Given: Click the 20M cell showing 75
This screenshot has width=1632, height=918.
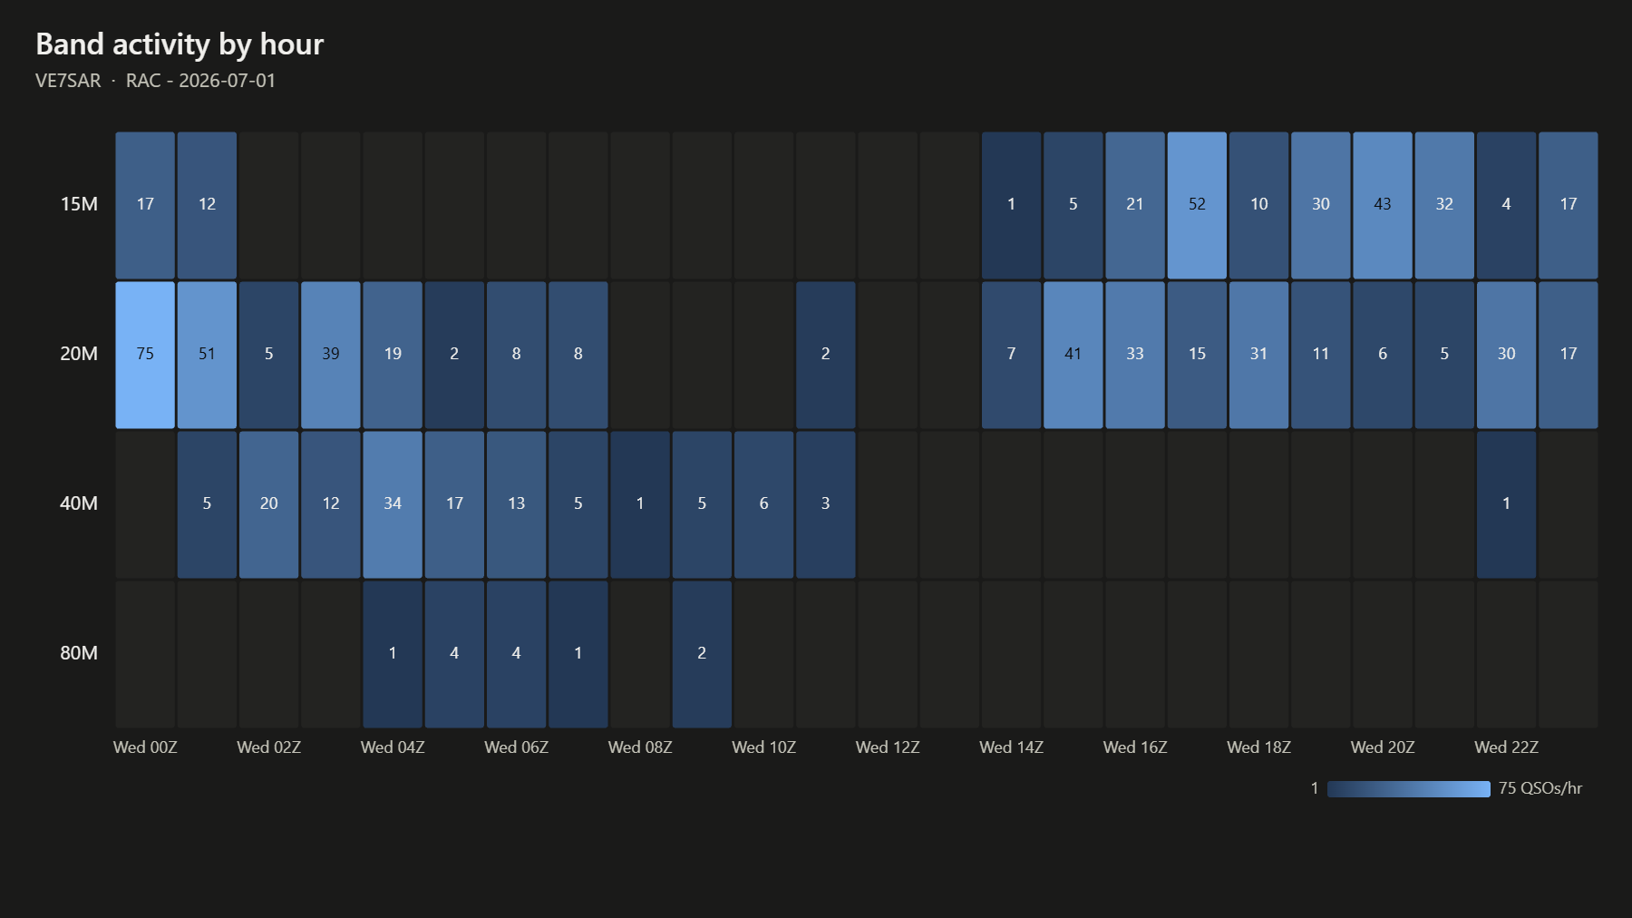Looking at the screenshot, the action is (x=145, y=355).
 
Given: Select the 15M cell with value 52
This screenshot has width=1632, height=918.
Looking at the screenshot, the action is (x=1197, y=205).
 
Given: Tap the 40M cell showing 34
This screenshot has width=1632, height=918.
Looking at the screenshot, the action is (x=393, y=504).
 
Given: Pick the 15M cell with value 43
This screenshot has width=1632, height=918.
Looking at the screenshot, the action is (x=1383, y=205).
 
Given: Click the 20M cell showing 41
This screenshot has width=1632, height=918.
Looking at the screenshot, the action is (x=1073, y=355).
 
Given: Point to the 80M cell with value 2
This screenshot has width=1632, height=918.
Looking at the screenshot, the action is (x=702, y=654).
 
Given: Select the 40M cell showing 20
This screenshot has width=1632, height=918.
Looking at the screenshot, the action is (x=269, y=504).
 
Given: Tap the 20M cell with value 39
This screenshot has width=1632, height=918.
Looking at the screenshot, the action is (x=331, y=355).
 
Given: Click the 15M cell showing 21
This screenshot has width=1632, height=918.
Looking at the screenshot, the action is (x=1135, y=205).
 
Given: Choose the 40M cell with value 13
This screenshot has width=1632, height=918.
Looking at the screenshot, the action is (x=517, y=504).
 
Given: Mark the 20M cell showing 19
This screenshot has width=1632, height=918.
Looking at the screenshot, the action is (x=393, y=355).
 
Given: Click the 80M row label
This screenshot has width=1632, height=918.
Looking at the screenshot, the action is (x=79, y=653).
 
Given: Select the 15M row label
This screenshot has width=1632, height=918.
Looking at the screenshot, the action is (x=79, y=204).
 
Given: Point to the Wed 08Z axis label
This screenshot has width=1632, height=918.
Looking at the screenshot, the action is (x=640, y=747).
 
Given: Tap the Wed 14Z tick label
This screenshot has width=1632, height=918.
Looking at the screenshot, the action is (x=1012, y=747).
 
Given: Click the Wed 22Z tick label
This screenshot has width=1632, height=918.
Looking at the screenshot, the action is (x=1507, y=747).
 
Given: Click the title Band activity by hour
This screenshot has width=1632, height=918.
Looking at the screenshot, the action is (x=180, y=44).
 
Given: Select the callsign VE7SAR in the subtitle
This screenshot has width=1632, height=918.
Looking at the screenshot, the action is (x=68, y=81).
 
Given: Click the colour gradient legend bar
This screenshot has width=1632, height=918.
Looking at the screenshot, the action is (x=1409, y=789).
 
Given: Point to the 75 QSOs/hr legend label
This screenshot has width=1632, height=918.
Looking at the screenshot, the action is (x=1540, y=788).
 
